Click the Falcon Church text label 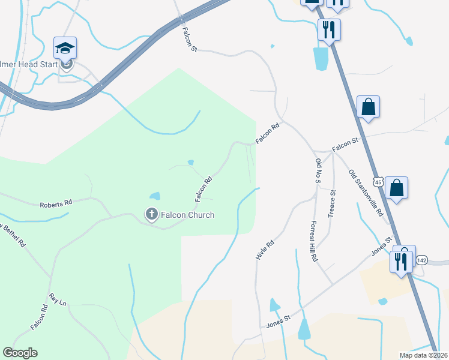click(187, 215)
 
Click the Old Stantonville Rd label click(366, 193)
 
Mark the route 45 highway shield click(378, 181)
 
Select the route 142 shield click(422, 260)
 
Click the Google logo click(20, 353)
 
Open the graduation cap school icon click(65, 47)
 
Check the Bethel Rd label click(13, 236)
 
